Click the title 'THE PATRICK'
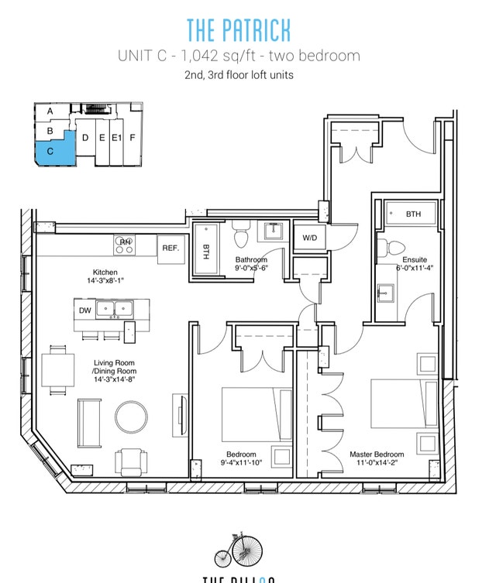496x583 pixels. (239, 29)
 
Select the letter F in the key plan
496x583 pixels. (133, 139)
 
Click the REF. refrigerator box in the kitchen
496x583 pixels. (170, 248)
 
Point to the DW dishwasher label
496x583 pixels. (85, 310)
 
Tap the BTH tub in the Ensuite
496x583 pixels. (412, 214)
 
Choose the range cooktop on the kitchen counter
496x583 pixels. (125, 246)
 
